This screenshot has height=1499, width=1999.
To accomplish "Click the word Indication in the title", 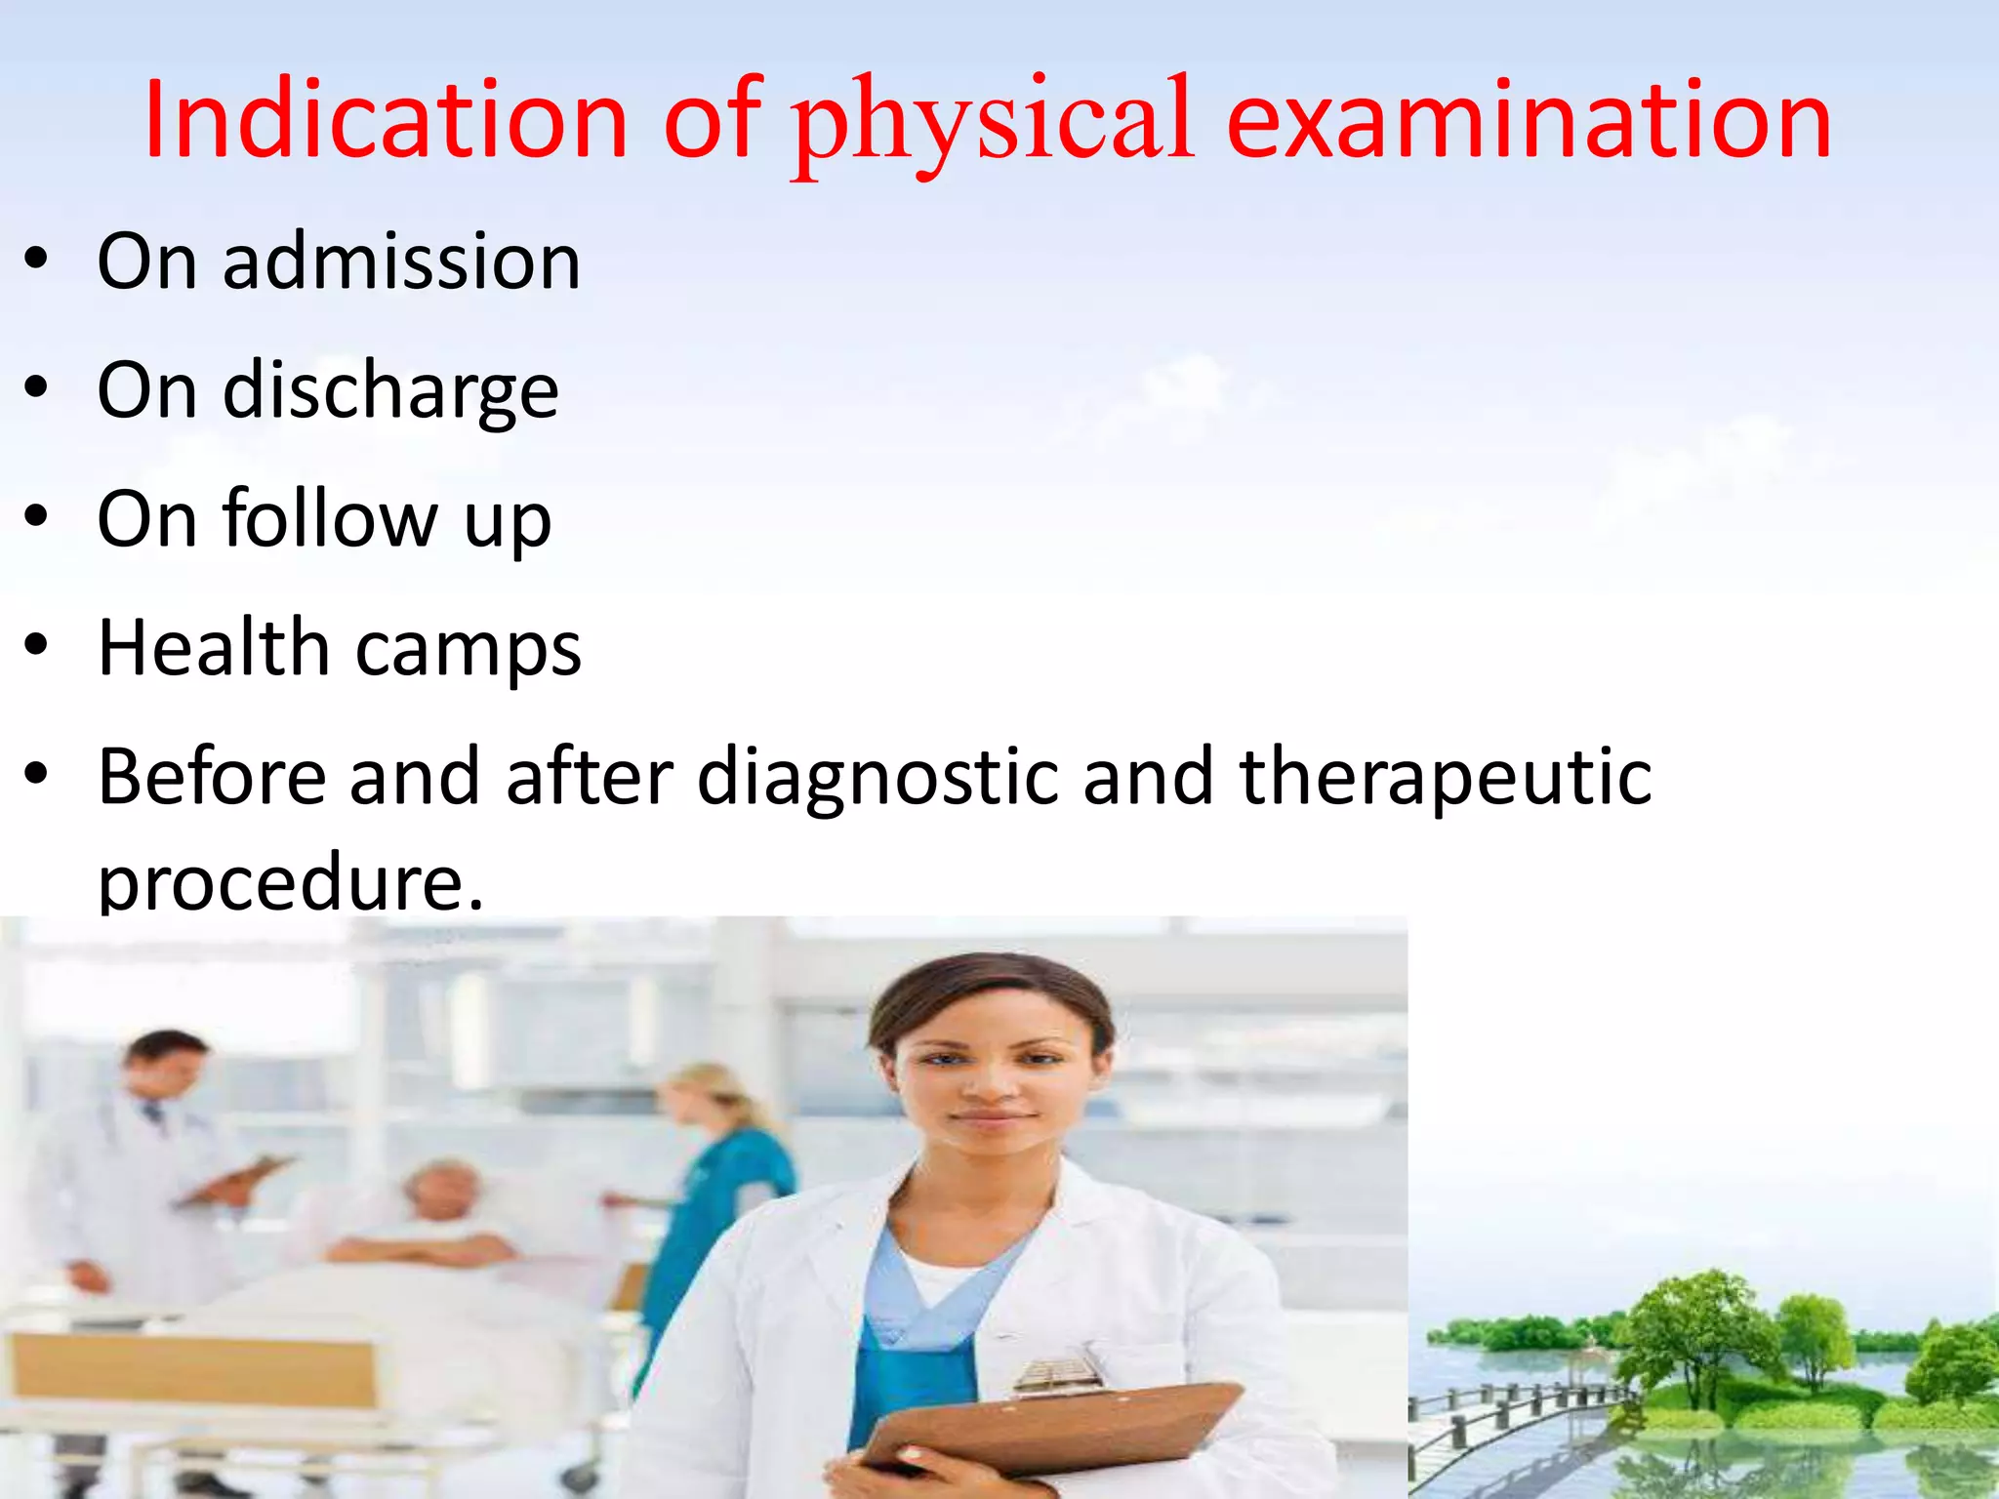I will [x=385, y=120].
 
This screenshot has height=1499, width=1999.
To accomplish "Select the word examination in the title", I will [x=1529, y=120].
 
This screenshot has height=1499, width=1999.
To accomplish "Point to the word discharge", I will [x=390, y=390].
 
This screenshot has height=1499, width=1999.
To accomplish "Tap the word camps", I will [x=469, y=649].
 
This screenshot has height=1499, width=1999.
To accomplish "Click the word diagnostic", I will [x=877, y=778].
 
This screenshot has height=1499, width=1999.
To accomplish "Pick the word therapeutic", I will [x=1446, y=778].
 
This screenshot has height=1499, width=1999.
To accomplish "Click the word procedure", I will [x=290, y=881].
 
